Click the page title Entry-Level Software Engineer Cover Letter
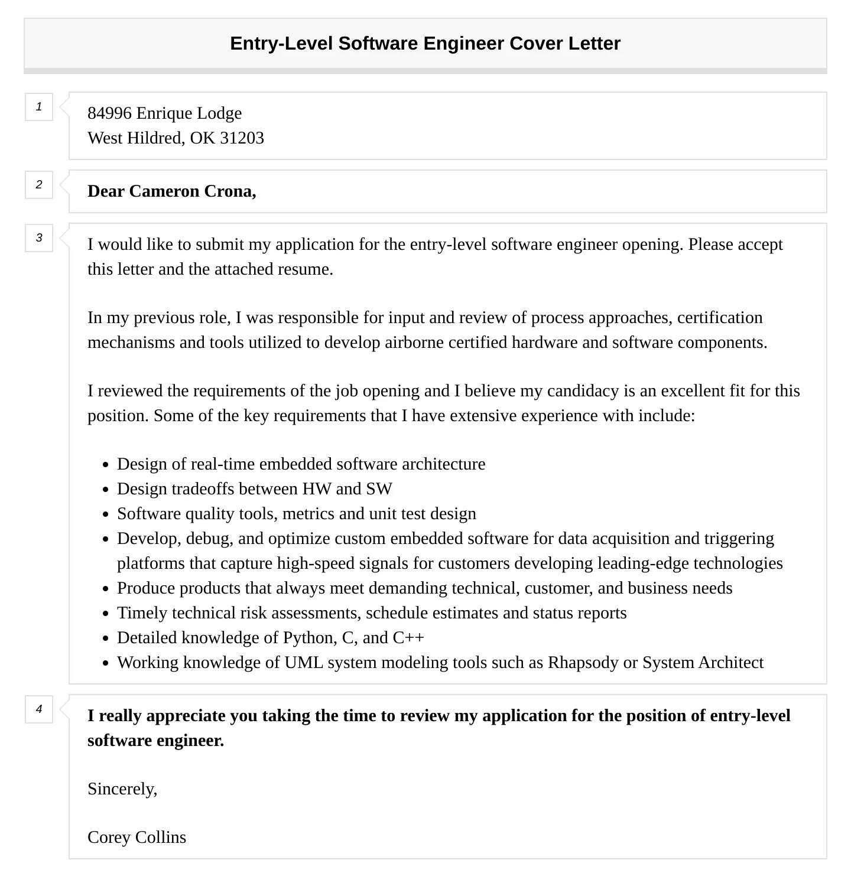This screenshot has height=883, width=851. click(425, 44)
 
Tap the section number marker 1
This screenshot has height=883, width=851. click(39, 107)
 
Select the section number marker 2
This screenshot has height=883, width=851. click(39, 185)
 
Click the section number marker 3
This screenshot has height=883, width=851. click(39, 238)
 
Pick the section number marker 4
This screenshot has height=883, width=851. click(39, 709)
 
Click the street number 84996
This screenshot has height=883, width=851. click(109, 113)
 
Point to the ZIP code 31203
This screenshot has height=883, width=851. click(242, 138)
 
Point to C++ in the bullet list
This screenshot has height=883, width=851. click(408, 638)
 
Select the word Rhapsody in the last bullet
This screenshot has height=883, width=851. click(583, 663)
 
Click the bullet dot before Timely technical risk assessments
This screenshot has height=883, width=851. click(106, 614)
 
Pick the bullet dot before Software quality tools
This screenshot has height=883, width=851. click(106, 515)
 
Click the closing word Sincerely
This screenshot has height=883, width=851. click(122, 789)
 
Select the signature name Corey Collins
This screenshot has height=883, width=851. click(137, 838)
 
